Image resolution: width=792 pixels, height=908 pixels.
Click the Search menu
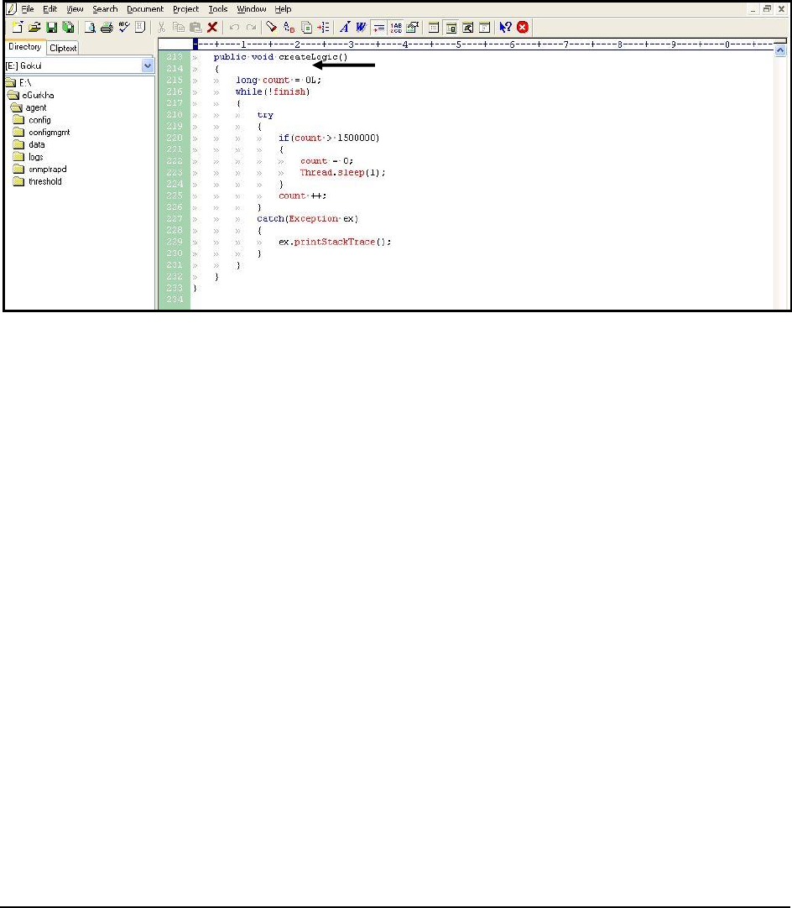(105, 9)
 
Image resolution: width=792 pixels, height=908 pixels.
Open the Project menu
(185, 9)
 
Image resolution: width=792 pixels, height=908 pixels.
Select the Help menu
(283, 9)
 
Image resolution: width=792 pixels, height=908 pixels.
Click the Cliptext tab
(63, 48)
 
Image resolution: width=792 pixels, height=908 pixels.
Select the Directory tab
(24, 47)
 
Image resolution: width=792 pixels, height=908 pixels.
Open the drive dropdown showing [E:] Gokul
(148, 65)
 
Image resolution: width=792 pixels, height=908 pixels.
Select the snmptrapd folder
(47, 169)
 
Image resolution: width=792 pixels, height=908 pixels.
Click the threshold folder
(44, 181)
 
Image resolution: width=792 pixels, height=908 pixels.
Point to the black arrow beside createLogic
(343, 64)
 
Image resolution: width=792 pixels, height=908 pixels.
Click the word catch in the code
(270, 218)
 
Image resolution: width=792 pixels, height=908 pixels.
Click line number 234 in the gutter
(174, 300)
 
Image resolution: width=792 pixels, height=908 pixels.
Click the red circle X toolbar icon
(522, 27)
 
